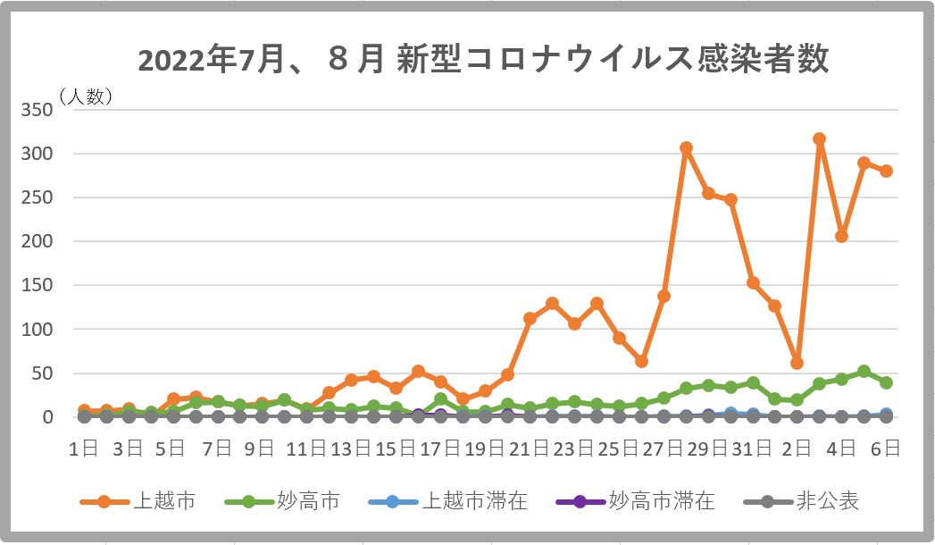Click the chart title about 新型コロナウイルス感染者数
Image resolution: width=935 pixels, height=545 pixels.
483,61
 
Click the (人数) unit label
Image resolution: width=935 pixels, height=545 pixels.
86,96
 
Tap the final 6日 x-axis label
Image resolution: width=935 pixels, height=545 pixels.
886,449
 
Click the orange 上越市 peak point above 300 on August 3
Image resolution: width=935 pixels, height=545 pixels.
819,139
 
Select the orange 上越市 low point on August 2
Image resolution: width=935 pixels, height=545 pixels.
797,363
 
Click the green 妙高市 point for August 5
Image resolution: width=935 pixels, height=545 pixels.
864,372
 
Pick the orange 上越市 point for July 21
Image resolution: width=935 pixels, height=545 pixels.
530,318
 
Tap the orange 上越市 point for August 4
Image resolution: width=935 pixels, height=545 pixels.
841,236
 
